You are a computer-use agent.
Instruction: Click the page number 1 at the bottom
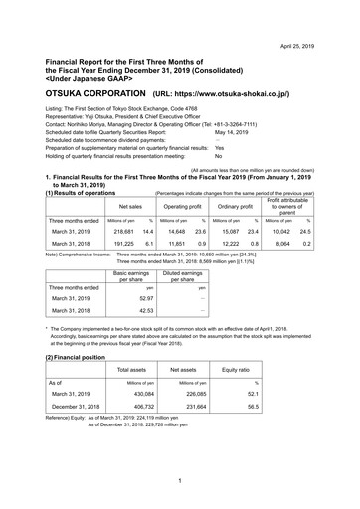180,482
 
